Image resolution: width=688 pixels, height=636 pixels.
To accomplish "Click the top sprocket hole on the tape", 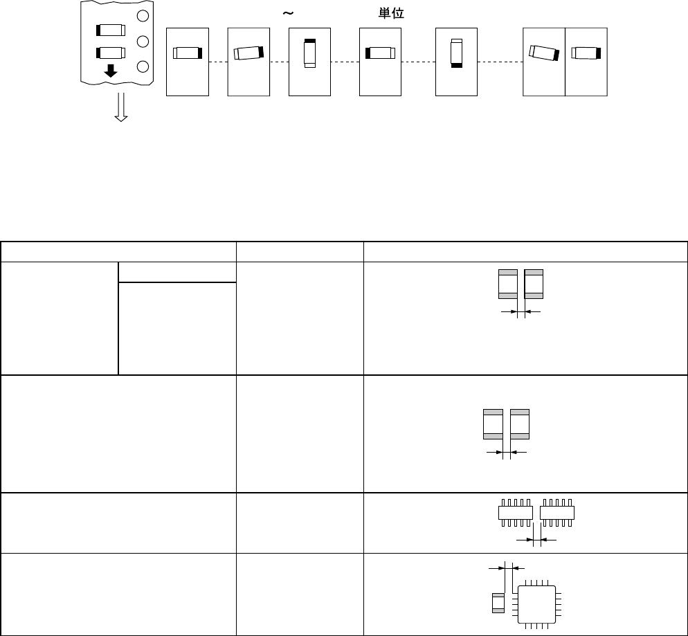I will (143, 15).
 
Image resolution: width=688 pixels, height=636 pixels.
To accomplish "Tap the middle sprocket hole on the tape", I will (143, 42).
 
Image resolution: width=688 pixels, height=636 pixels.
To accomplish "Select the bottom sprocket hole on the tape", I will (143, 66).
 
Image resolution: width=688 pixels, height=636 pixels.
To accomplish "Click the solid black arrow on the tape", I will (111, 71).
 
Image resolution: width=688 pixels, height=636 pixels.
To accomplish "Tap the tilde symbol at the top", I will (286, 13).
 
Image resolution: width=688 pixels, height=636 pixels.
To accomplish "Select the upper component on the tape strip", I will (111, 30).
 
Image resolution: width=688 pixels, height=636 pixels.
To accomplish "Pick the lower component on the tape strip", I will (111, 52).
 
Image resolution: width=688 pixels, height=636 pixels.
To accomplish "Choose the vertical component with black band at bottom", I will (456, 53).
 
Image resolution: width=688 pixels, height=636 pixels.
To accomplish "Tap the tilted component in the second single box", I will (248, 53).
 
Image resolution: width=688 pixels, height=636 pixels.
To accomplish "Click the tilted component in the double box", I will (543, 52).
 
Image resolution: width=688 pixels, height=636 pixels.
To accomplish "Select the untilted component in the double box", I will (586, 53).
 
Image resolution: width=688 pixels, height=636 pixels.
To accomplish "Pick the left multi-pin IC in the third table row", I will (516, 513).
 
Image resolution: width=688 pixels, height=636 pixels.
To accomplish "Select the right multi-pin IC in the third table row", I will (558, 513).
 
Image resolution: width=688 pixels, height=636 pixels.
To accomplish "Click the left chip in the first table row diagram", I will (508, 284).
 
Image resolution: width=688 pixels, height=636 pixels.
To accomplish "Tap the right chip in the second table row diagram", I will (520, 424).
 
